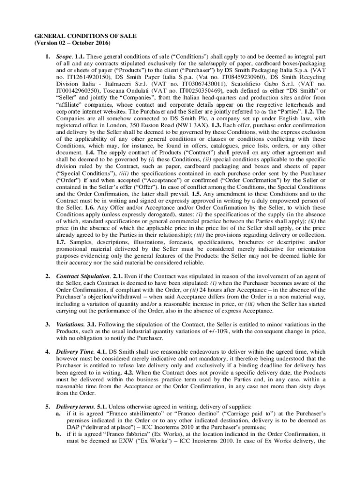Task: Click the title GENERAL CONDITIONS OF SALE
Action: point(75,36)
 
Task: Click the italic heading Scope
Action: point(64,57)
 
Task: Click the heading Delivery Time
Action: point(73,351)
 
